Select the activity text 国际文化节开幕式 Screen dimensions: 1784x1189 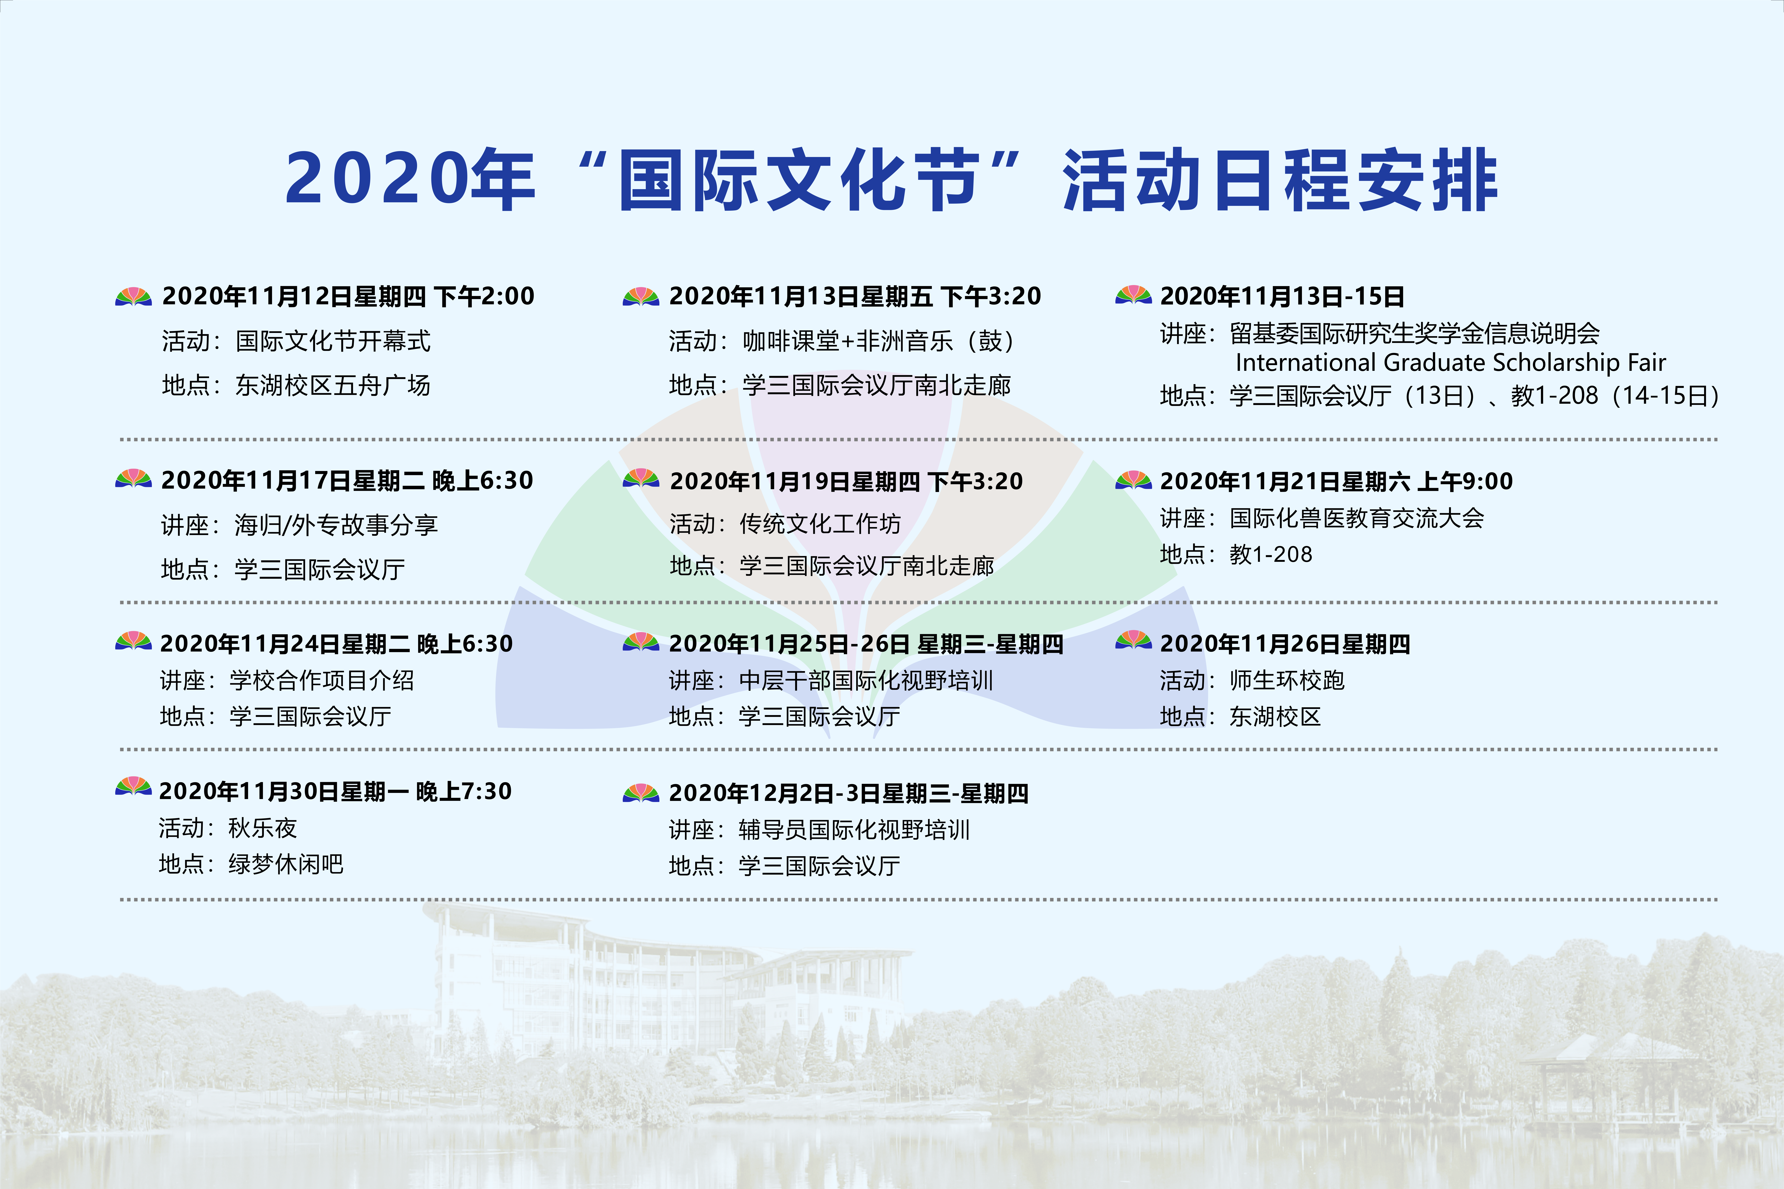point(333,341)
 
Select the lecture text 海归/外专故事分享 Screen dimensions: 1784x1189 point(336,525)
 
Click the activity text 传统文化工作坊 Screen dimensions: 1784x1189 point(820,524)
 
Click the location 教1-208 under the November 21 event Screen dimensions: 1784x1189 point(1271,554)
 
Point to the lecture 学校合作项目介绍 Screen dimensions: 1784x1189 point(322,680)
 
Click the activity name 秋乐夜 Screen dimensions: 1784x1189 point(262,828)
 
